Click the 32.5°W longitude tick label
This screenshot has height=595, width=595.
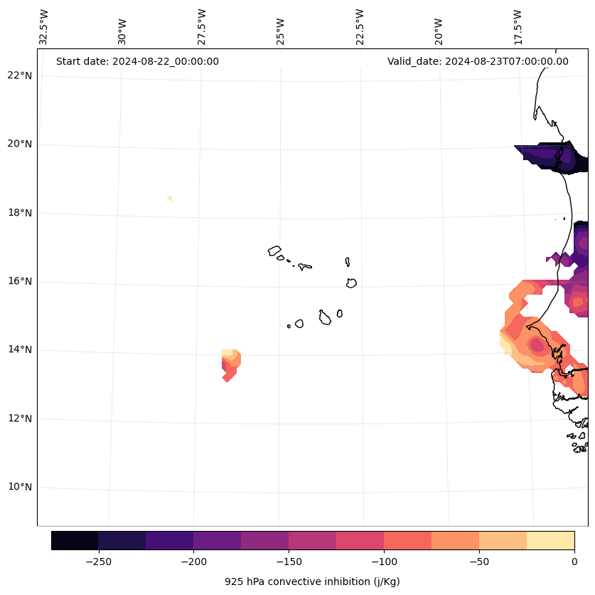(44, 27)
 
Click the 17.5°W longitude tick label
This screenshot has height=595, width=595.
(518, 27)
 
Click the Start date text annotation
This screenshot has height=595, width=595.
(137, 61)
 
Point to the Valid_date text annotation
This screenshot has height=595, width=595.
(478, 61)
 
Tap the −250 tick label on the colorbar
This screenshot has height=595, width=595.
(98, 562)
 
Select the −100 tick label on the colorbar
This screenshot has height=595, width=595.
(384, 562)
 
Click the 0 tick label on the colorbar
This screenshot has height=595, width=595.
(574, 562)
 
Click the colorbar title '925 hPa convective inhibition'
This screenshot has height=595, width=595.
(312, 581)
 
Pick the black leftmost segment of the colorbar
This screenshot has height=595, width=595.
(75, 540)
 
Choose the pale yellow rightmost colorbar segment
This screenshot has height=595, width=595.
(550, 540)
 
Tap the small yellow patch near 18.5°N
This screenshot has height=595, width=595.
(169, 199)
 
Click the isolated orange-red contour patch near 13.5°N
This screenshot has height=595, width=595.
(230, 364)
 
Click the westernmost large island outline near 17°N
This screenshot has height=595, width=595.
(274, 251)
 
